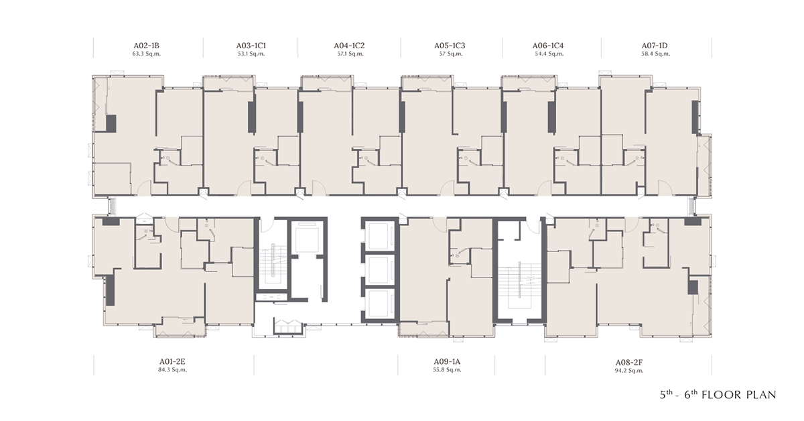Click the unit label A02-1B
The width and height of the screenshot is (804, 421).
pos(146,46)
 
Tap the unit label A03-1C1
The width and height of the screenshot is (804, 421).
pos(251,46)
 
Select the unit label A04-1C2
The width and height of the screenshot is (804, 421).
pos(349,46)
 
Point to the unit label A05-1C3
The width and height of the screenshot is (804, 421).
pos(450,46)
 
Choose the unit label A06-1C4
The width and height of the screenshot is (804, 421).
pos(548,46)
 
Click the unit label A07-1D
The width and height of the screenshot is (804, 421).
pos(655,46)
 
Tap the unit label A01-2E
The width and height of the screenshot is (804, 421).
pos(172,362)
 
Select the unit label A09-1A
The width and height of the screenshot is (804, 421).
pos(447,362)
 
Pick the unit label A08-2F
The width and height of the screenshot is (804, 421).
pos(629,363)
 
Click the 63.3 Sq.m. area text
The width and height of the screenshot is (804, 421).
pos(147,54)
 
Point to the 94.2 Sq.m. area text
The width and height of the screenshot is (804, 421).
pos(629,371)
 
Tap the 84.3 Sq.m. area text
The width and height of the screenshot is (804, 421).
pos(172,370)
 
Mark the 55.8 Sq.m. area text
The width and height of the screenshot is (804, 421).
pos(447,370)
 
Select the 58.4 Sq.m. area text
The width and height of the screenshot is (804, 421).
pos(655,54)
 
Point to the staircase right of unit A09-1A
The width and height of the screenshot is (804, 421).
pos(519,287)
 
